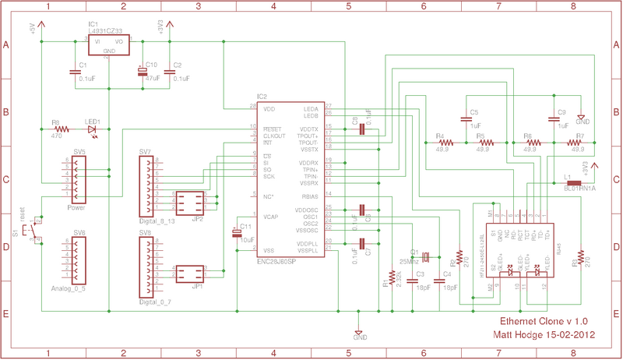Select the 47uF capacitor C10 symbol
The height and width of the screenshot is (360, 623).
click(x=142, y=72)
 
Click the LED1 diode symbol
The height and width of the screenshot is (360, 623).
click(x=93, y=129)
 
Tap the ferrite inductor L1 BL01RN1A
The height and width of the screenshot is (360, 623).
click(x=575, y=185)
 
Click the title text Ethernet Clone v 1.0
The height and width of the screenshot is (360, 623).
click(x=543, y=321)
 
